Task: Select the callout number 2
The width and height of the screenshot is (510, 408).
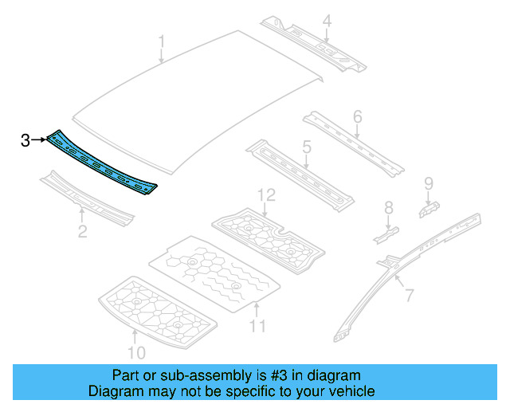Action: (x=81, y=232)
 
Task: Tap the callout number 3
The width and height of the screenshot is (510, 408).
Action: (x=25, y=140)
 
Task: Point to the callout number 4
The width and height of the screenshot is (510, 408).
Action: (x=327, y=22)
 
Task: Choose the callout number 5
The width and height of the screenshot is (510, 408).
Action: (x=306, y=147)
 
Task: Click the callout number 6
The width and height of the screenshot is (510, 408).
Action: (x=357, y=117)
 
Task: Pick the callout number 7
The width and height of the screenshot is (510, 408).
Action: (x=409, y=296)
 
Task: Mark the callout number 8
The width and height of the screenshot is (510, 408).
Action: (x=389, y=208)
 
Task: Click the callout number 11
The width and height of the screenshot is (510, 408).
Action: (x=257, y=325)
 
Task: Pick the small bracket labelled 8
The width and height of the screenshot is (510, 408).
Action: (x=386, y=233)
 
